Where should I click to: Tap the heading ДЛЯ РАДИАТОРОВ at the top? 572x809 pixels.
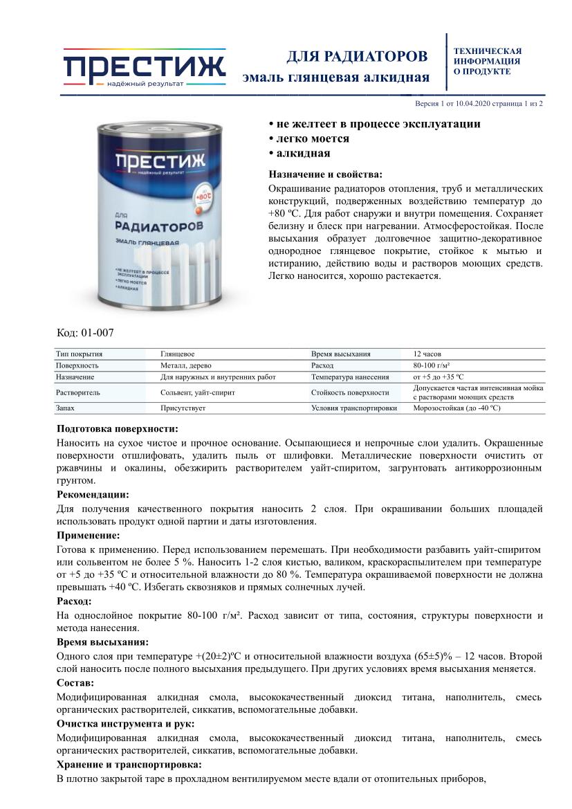(357, 55)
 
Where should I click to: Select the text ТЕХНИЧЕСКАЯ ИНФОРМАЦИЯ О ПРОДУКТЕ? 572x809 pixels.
(487, 61)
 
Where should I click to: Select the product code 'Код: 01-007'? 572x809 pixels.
(85, 332)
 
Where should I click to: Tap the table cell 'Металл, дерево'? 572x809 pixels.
(186, 365)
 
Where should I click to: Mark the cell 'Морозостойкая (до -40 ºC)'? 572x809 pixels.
(456, 408)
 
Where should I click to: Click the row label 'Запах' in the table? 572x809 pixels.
(66, 408)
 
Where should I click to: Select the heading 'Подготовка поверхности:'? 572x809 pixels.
(118, 428)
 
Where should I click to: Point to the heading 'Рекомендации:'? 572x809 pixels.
(93, 494)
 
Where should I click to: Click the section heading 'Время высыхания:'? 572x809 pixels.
(102, 642)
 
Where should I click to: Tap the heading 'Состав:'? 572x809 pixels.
(75, 682)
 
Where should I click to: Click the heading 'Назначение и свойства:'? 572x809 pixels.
(325, 174)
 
